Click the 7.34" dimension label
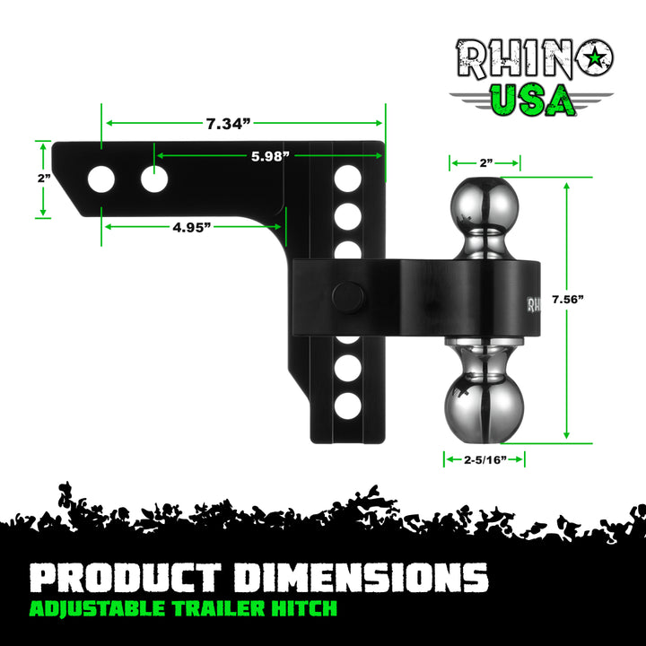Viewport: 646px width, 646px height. click(226, 125)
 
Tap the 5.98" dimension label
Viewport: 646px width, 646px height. click(269, 156)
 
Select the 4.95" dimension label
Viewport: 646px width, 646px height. click(191, 227)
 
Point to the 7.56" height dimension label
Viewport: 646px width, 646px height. click(572, 299)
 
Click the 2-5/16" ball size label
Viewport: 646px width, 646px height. click(484, 459)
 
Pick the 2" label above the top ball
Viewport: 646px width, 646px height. click(485, 163)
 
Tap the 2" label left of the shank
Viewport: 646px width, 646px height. click(43, 179)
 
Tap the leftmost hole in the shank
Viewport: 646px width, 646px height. click(101, 179)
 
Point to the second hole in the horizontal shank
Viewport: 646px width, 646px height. click(154, 179)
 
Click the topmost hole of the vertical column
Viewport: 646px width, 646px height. click(348, 178)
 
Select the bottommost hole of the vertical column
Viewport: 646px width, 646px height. click(348, 406)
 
